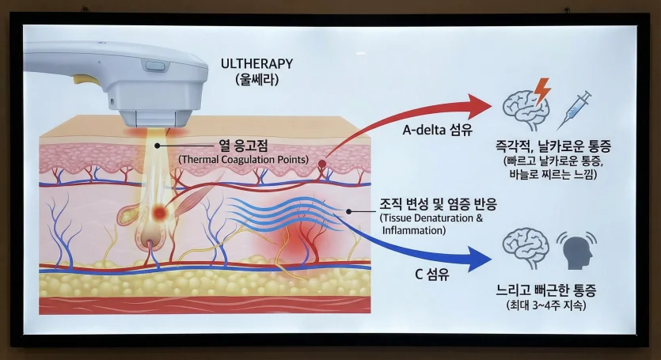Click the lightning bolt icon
542,91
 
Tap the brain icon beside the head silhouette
526,248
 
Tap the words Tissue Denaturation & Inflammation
431,224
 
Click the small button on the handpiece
156,65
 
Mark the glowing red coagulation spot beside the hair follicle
161,212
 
